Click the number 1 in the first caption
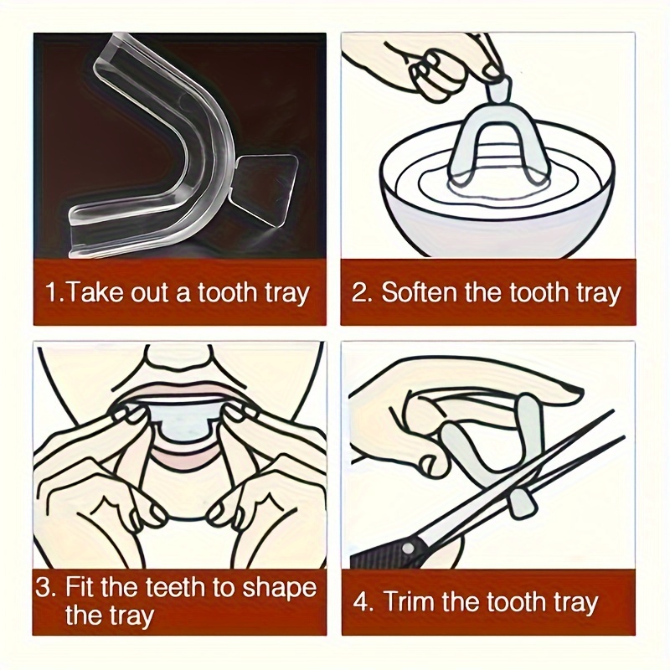pyautogui.click(x=51, y=293)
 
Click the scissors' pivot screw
pyautogui.click(x=407, y=547)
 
